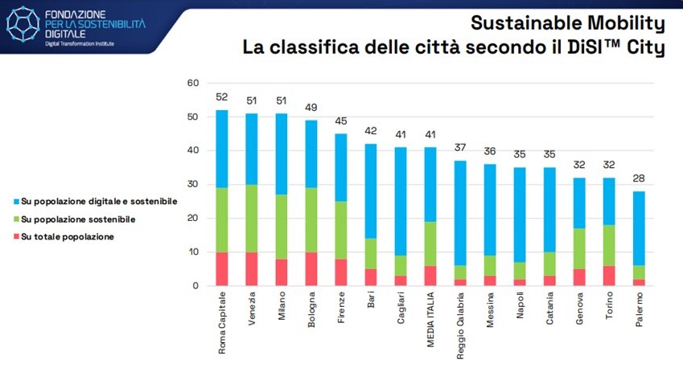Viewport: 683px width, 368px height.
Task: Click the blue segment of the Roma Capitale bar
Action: pyautogui.click(x=222, y=149)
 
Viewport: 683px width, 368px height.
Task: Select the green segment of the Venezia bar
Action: pyautogui.click(x=252, y=219)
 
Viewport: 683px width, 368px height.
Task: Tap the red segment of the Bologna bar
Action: pyautogui.click(x=311, y=269)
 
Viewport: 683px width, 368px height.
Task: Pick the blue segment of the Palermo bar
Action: pyautogui.click(x=639, y=228)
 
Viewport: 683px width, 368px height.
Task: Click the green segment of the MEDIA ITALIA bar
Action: pyautogui.click(x=430, y=243)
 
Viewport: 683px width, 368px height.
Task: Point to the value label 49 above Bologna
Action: pyautogui.click(x=311, y=108)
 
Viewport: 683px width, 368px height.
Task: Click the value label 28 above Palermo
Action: pyautogui.click(x=639, y=179)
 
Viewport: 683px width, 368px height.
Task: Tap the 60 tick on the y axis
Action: pyautogui.click(x=192, y=83)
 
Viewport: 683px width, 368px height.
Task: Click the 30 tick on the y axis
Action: pyautogui.click(x=192, y=184)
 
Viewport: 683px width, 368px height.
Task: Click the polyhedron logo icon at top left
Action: pyautogui.click(x=22, y=24)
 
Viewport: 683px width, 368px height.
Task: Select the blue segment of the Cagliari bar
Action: pyautogui.click(x=401, y=201)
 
